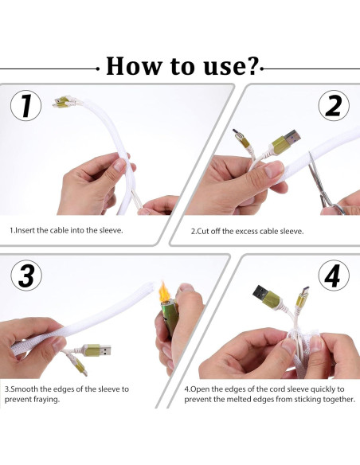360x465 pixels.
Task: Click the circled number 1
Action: (x=25, y=106)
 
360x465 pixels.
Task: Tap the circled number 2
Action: (x=334, y=106)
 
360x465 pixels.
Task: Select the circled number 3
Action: (x=26, y=275)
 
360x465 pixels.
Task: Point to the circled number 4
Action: (x=334, y=275)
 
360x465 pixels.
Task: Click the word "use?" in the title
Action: (x=232, y=66)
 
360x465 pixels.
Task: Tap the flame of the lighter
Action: (x=164, y=291)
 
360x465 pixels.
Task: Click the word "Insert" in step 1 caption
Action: (x=25, y=230)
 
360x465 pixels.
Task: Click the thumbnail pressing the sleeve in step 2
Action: (x=274, y=170)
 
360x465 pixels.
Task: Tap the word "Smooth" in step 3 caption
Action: (x=22, y=389)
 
